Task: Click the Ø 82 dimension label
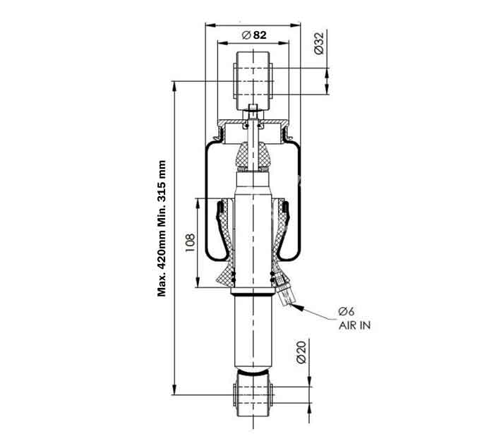254,35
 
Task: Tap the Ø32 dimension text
319,43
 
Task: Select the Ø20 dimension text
301,352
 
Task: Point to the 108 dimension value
190,243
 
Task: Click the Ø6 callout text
347,311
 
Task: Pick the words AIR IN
354,325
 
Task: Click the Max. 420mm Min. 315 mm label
162,229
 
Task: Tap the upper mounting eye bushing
253,81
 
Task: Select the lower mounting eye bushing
253,394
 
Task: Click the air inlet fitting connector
285,291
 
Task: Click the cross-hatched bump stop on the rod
253,157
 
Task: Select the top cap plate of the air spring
253,121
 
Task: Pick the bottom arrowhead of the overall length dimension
174,390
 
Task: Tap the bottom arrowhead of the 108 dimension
198,282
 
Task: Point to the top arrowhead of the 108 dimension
198,204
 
